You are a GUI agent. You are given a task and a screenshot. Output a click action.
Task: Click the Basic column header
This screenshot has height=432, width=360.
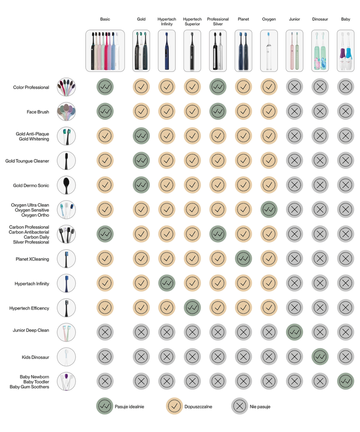pyautogui.click(x=105, y=19)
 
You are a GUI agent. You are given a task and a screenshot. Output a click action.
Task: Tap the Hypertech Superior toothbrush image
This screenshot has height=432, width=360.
pyautogui.click(x=192, y=51)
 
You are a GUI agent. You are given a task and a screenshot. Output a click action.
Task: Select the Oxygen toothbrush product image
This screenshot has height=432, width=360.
pyautogui.click(x=269, y=51)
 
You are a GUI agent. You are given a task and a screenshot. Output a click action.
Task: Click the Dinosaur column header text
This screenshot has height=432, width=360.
pyautogui.click(x=320, y=19)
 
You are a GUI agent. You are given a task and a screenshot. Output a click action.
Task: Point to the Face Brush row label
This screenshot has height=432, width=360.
pyautogui.click(x=38, y=112)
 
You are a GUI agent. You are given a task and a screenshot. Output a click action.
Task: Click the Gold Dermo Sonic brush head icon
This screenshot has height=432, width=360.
pyautogui.click(x=66, y=185)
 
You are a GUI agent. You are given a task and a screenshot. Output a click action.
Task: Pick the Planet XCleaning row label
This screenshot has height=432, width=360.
pyautogui.click(x=32, y=259)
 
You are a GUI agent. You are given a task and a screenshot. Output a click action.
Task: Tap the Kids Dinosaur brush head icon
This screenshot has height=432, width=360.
pyautogui.click(x=66, y=357)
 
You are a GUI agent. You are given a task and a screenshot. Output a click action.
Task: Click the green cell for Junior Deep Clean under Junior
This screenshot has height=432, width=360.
pyautogui.click(x=294, y=332)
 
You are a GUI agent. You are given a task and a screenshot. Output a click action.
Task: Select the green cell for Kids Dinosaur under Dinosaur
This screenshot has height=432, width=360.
pyautogui.click(x=320, y=357)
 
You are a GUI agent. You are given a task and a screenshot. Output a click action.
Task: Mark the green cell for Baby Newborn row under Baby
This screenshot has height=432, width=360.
pyautogui.click(x=346, y=381)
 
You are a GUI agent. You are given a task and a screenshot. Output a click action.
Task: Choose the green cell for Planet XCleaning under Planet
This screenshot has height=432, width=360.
pyautogui.click(x=243, y=258)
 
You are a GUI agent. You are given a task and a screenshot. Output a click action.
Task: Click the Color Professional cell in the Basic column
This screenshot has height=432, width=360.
pyautogui.click(x=105, y=87)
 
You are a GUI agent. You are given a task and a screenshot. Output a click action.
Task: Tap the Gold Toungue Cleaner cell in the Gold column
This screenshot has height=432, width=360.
pyautogui.click(x=141, y=161)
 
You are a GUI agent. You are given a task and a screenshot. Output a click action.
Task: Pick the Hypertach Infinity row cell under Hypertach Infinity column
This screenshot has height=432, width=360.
pyautogui.click(x=167, y=283)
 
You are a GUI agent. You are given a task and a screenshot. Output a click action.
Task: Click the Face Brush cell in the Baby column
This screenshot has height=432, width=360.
pyautogui.click(x=346, y=111)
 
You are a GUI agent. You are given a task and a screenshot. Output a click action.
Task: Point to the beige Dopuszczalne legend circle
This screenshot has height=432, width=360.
pyautogui.click(x=175, y=406)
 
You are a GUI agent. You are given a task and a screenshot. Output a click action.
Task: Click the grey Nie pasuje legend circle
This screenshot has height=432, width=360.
pyautogui.click(x=239, y=406)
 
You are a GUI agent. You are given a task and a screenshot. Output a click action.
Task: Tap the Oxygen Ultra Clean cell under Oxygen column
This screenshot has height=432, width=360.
pyautogui.click(x=269, y=210)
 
